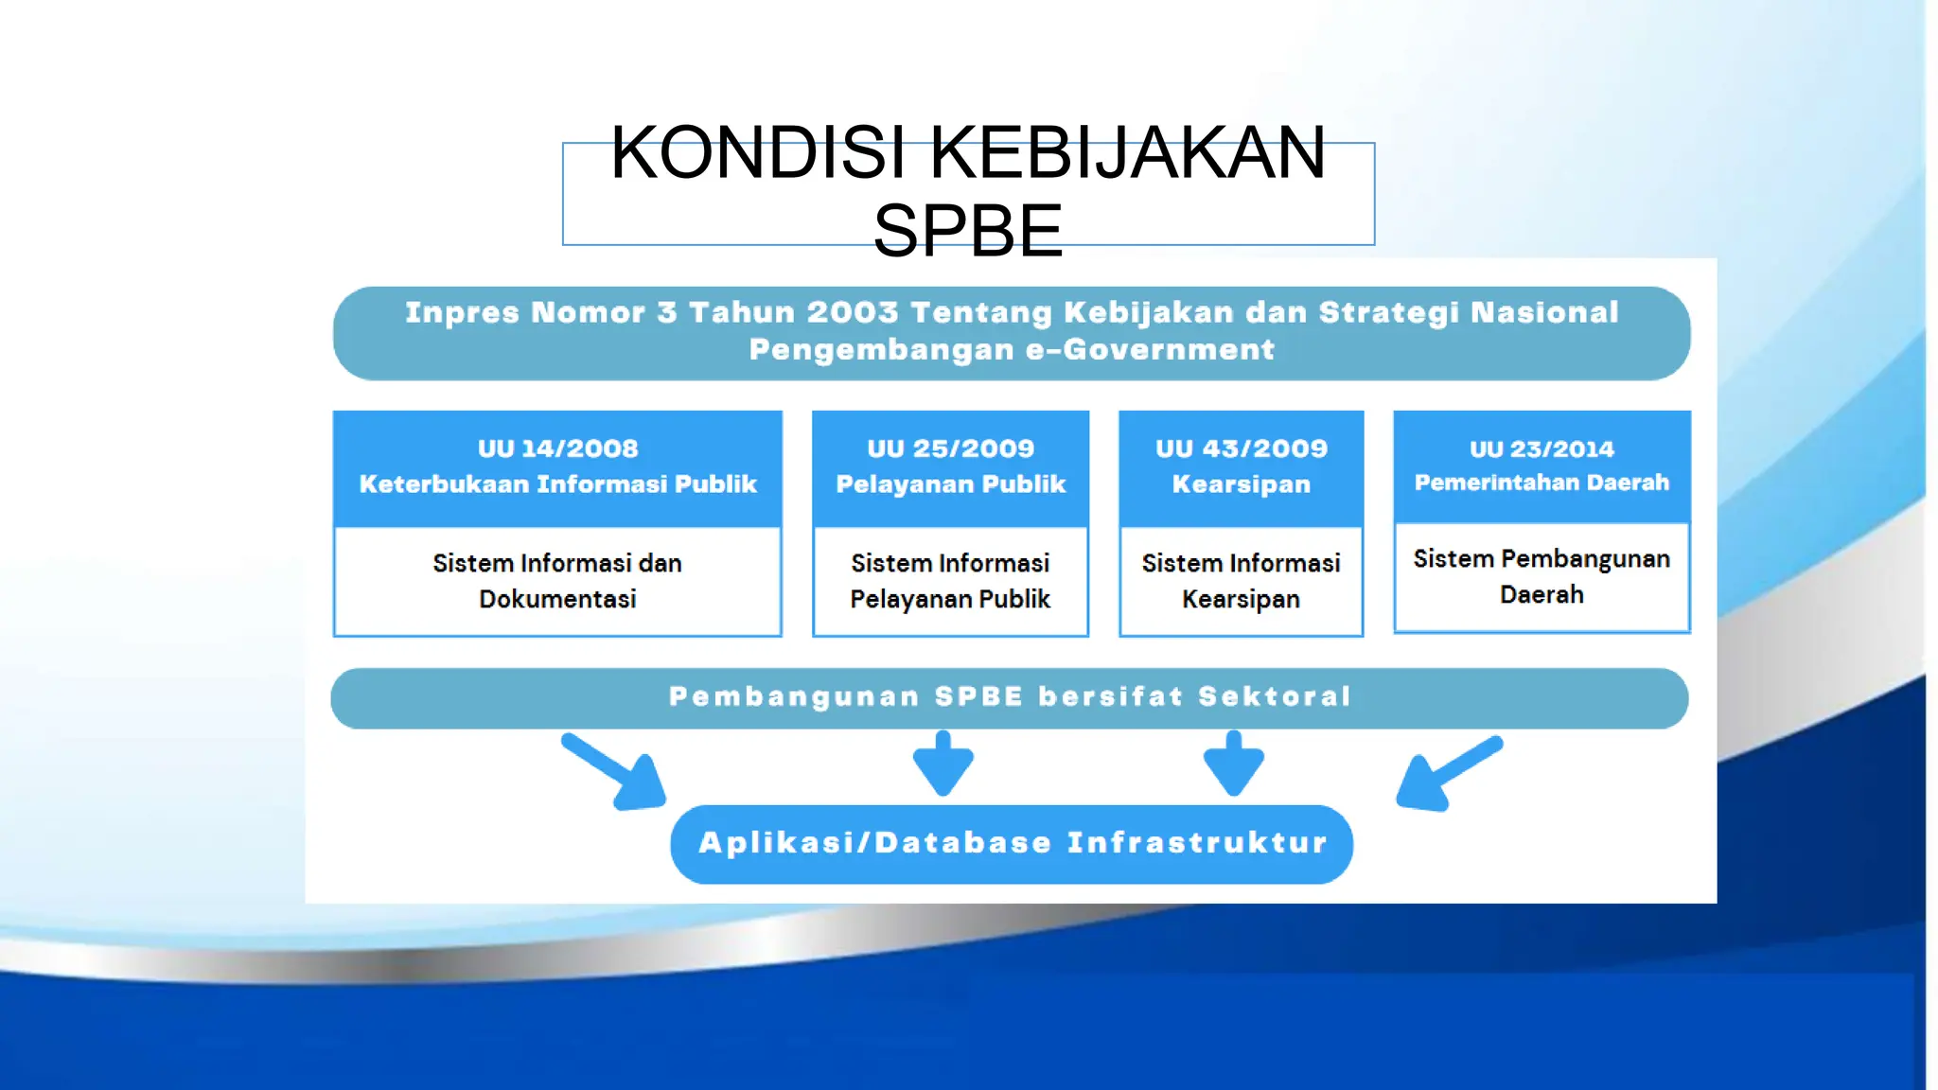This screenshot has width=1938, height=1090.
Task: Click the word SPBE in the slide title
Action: (967, 231)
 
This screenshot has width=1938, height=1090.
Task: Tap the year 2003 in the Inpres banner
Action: (852, 312)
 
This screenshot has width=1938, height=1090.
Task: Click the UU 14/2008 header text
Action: (557, 448)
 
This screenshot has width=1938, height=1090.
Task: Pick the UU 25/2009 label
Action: (950, 448)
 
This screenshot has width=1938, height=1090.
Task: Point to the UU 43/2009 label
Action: (1241, 448)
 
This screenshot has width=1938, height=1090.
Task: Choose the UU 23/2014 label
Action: (1542, 449)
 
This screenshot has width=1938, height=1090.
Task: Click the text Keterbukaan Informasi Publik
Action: (557, 484)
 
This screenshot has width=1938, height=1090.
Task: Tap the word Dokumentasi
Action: (557, 599)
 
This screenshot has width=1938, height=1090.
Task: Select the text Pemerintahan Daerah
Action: (1542, 483)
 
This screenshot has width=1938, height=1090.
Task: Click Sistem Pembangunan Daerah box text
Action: (1542, 576)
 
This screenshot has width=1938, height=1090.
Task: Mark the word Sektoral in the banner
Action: (1274, 697)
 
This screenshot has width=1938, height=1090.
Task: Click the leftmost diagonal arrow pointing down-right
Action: (616, 772)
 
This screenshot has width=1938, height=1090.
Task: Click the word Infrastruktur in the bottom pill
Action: (1197, 843)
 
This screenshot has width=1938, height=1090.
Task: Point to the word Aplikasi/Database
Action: (874, 843)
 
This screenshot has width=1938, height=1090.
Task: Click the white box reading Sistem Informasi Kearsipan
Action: (1241, 581)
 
